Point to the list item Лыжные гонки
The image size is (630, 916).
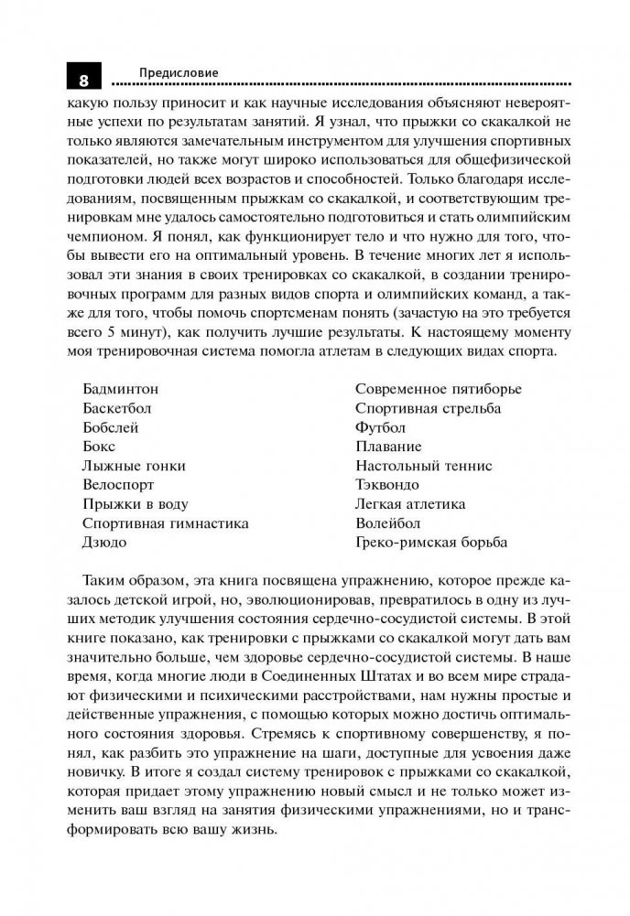133,466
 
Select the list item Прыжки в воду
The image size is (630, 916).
135,504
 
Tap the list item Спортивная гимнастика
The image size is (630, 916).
165,523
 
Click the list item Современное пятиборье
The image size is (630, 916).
438,389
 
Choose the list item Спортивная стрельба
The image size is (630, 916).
428,408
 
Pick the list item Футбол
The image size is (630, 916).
380,427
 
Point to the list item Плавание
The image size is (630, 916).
388,447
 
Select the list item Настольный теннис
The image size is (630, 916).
423,466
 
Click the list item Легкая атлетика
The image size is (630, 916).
409,504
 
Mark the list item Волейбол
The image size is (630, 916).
387,523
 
